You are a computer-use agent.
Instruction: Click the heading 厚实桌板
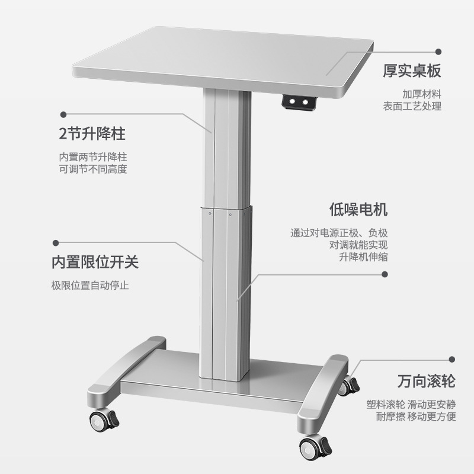tap(412, 72)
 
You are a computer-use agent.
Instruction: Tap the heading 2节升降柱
tap(92, 134)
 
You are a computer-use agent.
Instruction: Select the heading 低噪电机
tap(358, 210)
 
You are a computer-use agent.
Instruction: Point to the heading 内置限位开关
tap(95, 262)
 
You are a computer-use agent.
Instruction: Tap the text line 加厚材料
tap(422, 94)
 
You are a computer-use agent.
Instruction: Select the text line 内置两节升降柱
tap(93, 157)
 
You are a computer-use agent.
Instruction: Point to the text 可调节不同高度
tap(93, 169)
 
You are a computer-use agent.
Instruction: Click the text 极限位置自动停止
tap(90, 285)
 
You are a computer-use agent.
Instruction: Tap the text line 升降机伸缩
tap(363, 257)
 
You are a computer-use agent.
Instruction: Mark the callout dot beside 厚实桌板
tap(438, 52)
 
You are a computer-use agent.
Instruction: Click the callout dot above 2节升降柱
tap(62, 112)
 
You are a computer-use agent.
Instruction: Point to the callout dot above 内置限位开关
tap(56, 242)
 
